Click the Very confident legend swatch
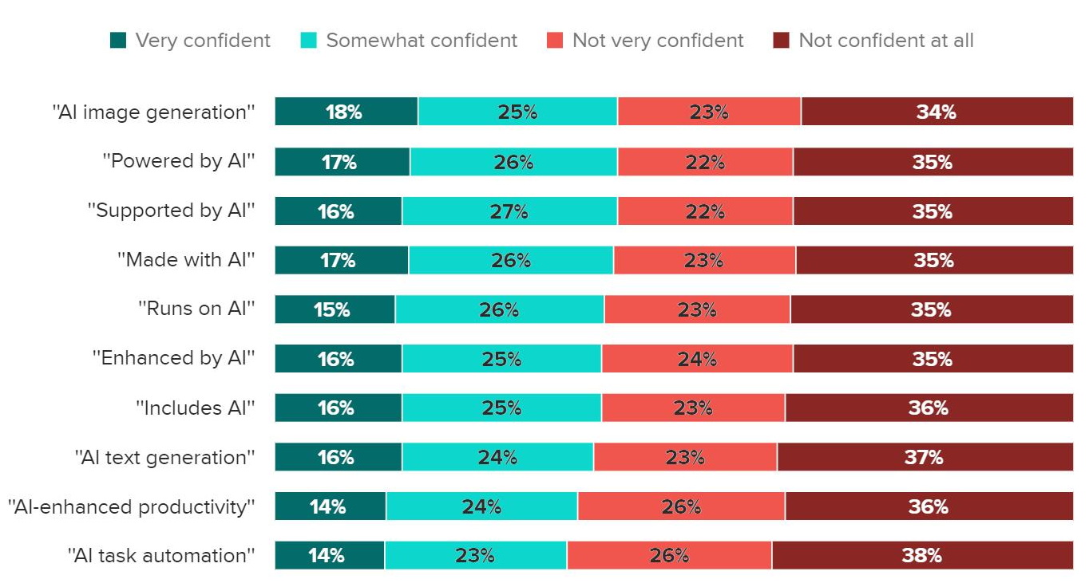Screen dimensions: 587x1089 (x=118, y=40)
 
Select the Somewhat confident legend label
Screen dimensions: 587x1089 (x=422, y=40)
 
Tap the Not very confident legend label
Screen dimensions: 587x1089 (x=658, y=40)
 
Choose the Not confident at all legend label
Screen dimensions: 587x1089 (x=886, y=40)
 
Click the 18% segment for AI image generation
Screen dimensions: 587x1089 (x=346, y=112)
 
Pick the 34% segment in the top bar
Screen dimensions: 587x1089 (x=937, y=112)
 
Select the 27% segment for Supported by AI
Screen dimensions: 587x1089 (x=509, y=211)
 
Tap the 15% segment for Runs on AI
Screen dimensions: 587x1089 (x=335, y=309)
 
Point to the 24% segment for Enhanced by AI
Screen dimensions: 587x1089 (x=697, y=359)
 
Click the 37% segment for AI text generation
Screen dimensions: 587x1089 (x=925, y=457)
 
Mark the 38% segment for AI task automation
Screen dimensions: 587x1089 (x=922, y=555)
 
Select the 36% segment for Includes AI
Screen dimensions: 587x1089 (x=929, y=408)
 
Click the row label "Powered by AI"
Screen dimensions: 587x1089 (x=179, y=161)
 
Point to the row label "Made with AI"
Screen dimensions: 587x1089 (x=186, y=260)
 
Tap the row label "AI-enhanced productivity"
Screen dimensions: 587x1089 (x=132, y=506)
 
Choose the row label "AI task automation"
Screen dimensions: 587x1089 (x=161, y=555)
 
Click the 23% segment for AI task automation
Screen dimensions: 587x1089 (x=476, y=555)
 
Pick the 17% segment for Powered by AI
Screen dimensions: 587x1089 (x=342, y=162)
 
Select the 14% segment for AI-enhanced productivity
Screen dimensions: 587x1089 (x=330, y=506)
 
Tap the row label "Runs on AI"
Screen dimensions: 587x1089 (x=196, y=309)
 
